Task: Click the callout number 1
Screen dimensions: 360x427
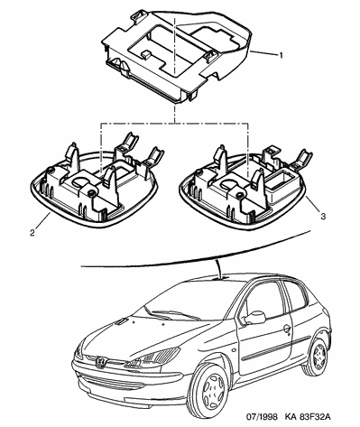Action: pyautogui.click(x=281, y=55)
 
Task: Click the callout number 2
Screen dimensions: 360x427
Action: pyautogui.click(x=32, y=233)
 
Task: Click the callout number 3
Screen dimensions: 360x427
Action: pyautogui.click(x=323, y=217)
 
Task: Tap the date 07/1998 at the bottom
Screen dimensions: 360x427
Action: pyautogui.click(x=262, y=417)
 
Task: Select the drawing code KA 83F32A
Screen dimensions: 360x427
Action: pyautogui.click(x=308, y=417)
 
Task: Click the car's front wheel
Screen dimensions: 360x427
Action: pyautogui.click(x=211, y=385)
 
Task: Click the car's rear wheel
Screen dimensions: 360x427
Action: pyautogui.click(x=317, y=356)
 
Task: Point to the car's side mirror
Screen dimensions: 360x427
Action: pyautogui.click(x=254, y=318)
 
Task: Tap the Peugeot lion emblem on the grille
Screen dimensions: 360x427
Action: pyautogui.click(x=100, y=362)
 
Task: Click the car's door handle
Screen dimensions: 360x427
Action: pyautogui.click(x=287, y=328)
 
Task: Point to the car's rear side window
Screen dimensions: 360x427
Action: pyautogui.click(x=295, y=295)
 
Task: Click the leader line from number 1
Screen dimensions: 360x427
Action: pyautogui.click(x=263, y=53)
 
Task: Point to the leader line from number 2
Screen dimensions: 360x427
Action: pyautogui.click(x=43, y=221)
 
